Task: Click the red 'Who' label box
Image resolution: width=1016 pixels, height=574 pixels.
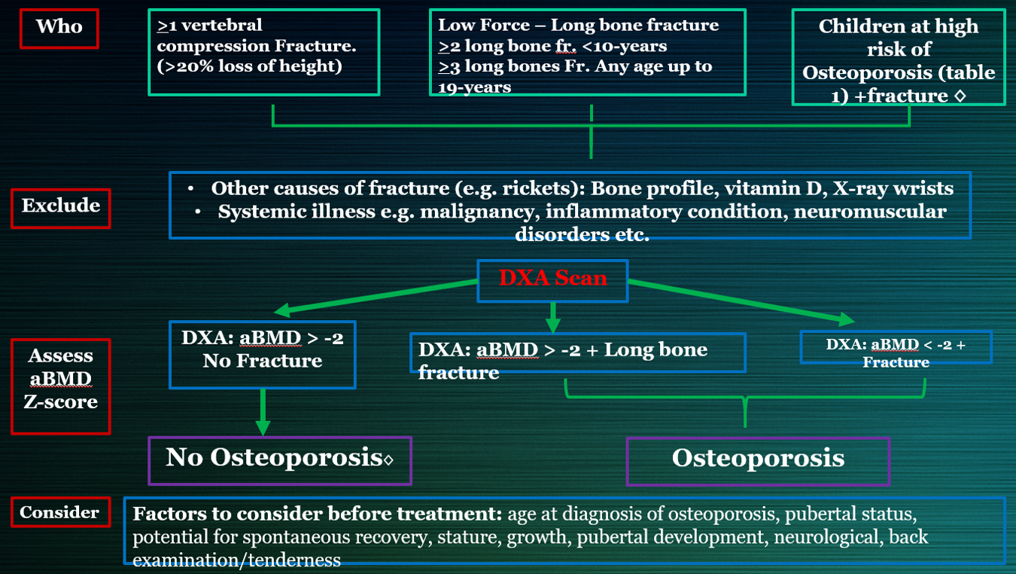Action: coord(59,27)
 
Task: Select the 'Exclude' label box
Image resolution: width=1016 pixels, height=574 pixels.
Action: coord(60,206)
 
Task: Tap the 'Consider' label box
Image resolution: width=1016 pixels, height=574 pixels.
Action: coord(59,512)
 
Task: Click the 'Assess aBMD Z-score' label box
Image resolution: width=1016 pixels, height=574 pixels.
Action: coord(61,378)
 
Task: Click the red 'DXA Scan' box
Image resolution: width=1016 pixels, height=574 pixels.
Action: coord(552,279)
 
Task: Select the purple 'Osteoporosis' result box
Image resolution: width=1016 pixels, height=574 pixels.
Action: coord(758,458)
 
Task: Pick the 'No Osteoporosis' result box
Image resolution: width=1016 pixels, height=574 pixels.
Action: coord(279,458)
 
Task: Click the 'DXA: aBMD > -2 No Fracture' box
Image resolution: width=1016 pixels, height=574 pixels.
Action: coord(262,350)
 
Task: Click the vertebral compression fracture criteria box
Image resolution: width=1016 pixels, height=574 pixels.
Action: coord(263,51)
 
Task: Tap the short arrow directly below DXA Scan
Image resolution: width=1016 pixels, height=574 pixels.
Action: coord(553,316)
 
